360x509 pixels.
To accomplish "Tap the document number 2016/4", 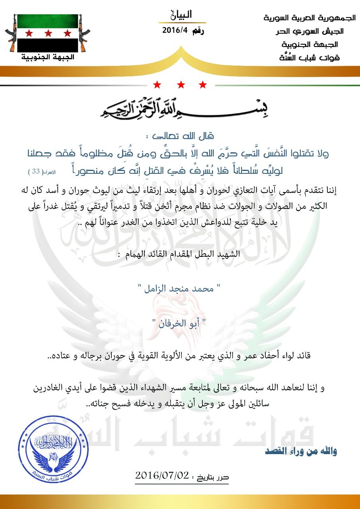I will [175, 31].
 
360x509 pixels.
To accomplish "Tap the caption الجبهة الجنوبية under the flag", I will [47, 57].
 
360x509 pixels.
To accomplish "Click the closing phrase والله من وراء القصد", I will [301, 451].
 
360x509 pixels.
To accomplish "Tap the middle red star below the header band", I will [180, 85].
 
